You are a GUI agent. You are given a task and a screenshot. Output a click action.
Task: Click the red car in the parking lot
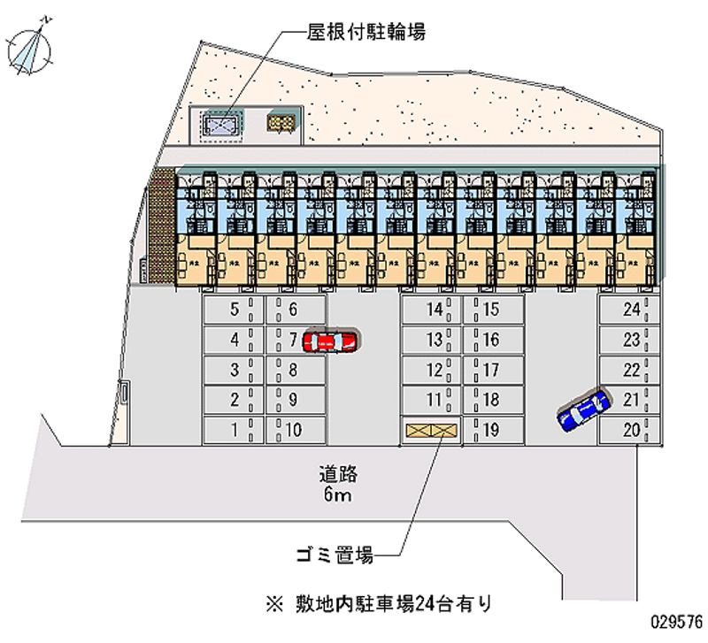(329, 341)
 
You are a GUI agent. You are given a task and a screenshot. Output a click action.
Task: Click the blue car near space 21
(583, 410)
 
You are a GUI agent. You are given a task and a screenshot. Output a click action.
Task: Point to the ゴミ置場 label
(334, 555)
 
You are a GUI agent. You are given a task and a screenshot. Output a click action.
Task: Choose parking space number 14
(433, 310)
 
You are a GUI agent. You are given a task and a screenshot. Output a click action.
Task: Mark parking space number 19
(492, 430)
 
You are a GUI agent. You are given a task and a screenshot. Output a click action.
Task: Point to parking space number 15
(492, 310)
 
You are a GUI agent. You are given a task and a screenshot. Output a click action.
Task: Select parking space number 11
(433, 400)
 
